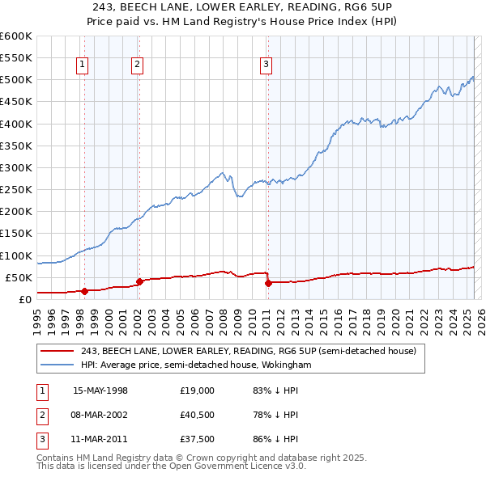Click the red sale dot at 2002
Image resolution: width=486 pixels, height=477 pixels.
pyautogui.click(x=139, y=281)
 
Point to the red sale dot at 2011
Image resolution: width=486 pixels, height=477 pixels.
pyautogui.click(x=267, y=283)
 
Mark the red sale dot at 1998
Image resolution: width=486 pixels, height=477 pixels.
pyautogui.click(x=83, y=291)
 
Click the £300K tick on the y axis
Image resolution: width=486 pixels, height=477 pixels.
pyautogui.click(x=16, y=168)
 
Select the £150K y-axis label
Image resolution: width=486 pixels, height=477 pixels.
pyautogui.click(x=16, y=234)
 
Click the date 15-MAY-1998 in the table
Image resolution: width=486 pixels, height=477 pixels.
pyautogui.click(x=100, y=390)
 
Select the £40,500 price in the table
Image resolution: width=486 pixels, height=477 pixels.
pyautogui.click(x=198, y=415)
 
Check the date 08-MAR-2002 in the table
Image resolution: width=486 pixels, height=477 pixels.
pyautogui.click(x=100, y=415)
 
